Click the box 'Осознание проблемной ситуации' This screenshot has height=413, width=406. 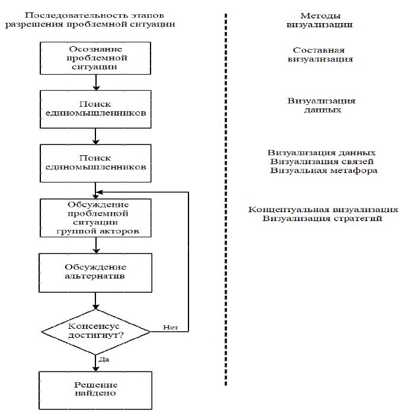coord(95,57)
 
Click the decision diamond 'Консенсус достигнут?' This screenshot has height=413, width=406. coord(95,331)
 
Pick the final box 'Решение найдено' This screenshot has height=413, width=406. coord(95,388)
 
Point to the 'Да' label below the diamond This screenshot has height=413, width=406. coord(104,359)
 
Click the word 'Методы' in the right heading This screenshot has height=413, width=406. coord(320,16)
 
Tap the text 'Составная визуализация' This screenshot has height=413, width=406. coord(320,55)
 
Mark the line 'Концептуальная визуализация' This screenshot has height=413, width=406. coord(323,210)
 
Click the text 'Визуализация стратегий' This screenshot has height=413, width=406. coord(323,219)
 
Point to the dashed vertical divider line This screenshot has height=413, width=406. coord(226,207)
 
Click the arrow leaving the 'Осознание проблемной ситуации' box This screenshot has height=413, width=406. coord(95,82)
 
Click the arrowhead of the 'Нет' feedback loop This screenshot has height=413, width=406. coord(101,192)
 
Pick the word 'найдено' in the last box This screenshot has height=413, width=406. coord(95,393)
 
